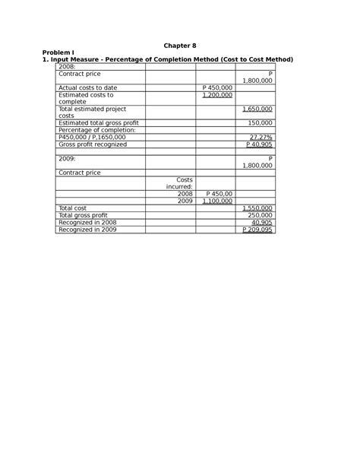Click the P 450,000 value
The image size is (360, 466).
tap(218, 88)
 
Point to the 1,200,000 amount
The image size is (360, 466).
tap(218, 95)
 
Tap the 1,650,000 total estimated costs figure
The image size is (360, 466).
tap(257, 109)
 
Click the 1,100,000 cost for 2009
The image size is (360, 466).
tap(218, 201)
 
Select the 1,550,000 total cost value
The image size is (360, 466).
tap(257, 208)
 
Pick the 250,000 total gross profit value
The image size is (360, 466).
tap(260, 215)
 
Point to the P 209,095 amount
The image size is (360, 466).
tap(257, 230)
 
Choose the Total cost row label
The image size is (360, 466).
tap(73, 208)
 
